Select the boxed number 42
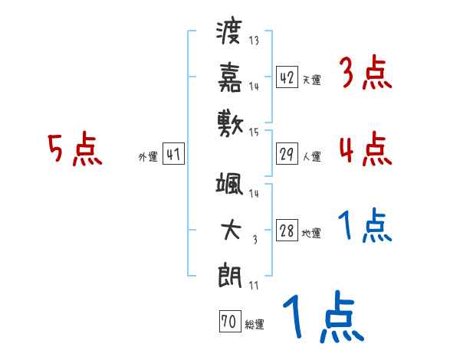pyautogui.click(x=287, y=77)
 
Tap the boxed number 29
pyautogui.click(x=287, y=155)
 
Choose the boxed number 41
pyautogui.click(x=173, y=155)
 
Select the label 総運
pyautogui.click(x=254, y=325)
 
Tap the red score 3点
pyautogui.click(x=364, y=74)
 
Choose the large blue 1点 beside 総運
pyautogui.click(x=322, y=316)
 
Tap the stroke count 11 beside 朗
pyautogui.click(x=254, y=286)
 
